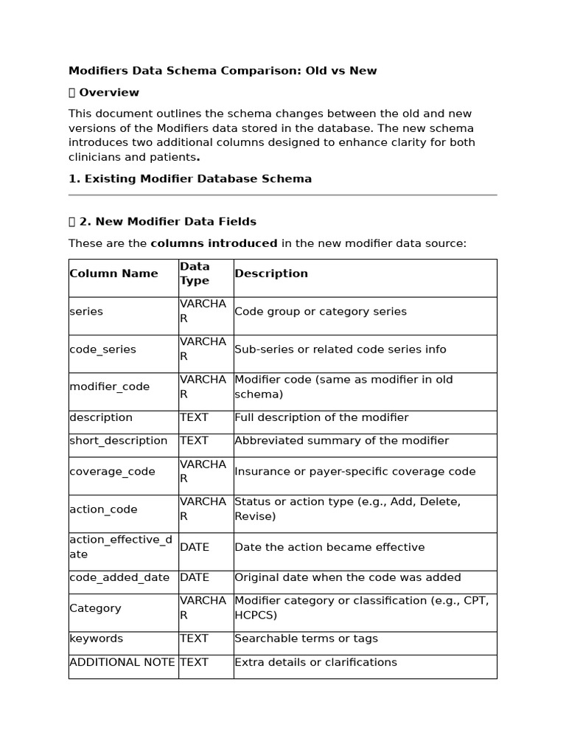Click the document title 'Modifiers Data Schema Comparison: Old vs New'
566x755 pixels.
223,71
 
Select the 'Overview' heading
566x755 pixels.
108,92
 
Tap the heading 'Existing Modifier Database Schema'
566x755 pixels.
190,178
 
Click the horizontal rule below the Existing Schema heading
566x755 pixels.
282,195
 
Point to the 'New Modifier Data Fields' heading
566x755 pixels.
167,221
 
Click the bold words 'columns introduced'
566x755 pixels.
214,243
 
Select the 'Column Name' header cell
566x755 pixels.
113,274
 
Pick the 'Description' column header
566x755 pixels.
271,274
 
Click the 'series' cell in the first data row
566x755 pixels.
86,312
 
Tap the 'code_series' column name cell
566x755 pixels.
102,349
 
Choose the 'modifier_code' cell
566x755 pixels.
109,387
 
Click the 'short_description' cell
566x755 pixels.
119,441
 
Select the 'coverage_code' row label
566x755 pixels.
112,472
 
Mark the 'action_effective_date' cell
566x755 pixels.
121,547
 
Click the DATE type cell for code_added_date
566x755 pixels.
195,578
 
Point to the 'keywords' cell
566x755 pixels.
96,639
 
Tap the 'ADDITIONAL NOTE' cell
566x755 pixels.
122,662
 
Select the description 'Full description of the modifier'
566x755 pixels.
321,417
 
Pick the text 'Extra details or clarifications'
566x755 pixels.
315,662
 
